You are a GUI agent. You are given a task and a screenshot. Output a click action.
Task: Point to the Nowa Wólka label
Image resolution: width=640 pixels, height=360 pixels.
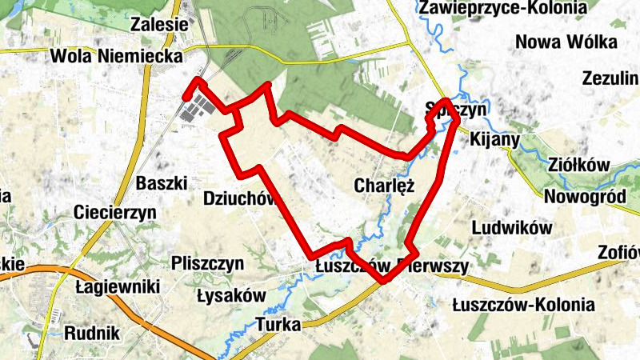coord(566,42)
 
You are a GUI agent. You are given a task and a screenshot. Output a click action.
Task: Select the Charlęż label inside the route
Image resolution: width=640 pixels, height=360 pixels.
coord(383,186)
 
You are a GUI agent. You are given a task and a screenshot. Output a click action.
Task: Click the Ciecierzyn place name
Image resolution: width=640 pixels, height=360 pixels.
coord(114,213)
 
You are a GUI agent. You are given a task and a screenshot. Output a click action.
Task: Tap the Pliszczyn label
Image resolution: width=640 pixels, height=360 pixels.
coord(207,263)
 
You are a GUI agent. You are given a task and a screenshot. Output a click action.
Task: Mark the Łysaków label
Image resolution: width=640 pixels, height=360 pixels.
coord(230,295)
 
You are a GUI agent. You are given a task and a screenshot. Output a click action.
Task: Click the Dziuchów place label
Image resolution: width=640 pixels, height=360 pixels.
coord(239,198)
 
